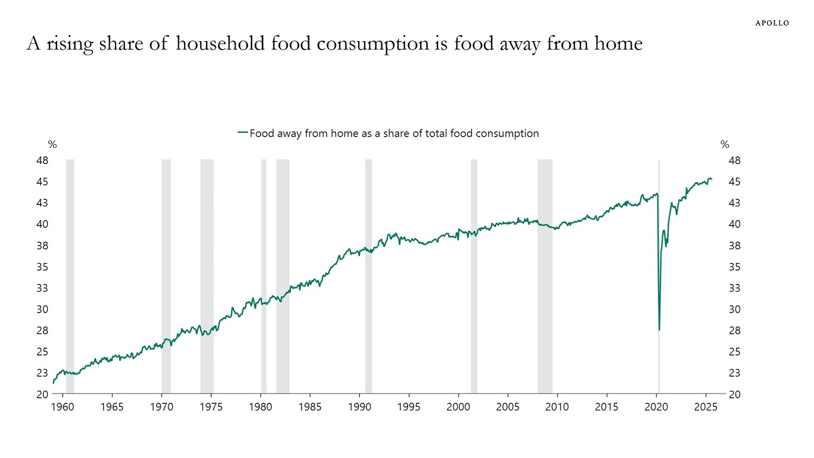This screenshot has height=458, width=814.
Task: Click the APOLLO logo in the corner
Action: (x=772, y=23)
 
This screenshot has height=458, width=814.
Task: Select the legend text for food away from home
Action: (x=393, y=134)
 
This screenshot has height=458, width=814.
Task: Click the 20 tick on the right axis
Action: (x=734, y=394)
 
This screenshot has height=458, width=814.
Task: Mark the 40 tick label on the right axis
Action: (x=734, y=224)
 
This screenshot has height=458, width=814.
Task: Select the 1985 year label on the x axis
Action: (x=310, y=407)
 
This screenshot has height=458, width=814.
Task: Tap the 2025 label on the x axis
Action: (x=706, y=407)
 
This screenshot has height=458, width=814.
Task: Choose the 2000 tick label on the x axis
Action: (x=458, y=407)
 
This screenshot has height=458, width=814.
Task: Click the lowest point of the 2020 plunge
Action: (x=659, y=330)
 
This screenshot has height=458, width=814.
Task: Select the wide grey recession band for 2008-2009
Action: (x=545, y=274)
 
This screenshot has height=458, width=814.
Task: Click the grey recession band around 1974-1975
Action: (x=207, y=274)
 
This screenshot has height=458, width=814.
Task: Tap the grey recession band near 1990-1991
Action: (x=368, y=274)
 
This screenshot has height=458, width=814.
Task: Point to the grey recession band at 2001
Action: (x=474, y=274)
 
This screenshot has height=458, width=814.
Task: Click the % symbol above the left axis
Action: (x=52, y=144)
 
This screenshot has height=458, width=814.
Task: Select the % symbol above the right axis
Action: (x=725, y=144)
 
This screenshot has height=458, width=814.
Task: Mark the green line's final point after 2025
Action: (x=712, y=180)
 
